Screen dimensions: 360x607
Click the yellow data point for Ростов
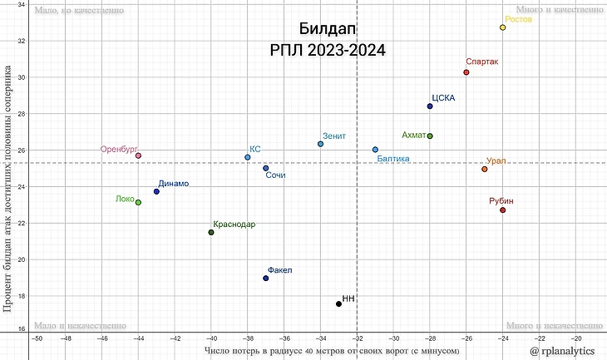coord(503,27)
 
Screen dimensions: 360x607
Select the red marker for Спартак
coord(466,72)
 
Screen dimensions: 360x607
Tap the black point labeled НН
coord(338,303)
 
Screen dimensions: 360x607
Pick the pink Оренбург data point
coord(138,155)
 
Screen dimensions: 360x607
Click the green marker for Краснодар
coord(211,232)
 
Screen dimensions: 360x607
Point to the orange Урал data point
coord(485,169)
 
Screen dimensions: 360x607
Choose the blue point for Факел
coord(266,278)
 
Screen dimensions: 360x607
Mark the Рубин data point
coord(503,210)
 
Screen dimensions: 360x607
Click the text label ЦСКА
coord(443,97)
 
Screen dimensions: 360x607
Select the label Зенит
coord(334,136)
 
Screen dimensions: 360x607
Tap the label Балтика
coord(392,158)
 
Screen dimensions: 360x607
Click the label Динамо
coord(173,183)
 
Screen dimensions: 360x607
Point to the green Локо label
coord(124,199)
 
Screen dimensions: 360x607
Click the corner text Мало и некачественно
coord(80,326)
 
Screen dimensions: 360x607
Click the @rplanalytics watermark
coord(564,352)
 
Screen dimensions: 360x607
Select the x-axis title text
coord(332,351)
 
